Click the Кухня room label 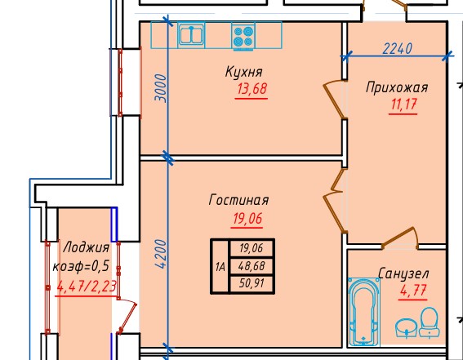pos(243,72)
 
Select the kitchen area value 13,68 pos(252,89)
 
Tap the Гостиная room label pos(238,200)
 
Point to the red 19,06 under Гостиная pos(247,219)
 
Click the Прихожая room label pos(397,87)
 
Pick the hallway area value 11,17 pos(403,104)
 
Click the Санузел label pos(403,273)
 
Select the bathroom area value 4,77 pos(413,291)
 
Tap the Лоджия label pos(87,247)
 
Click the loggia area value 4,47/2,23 pos(87,287)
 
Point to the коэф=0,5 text pos(81,266)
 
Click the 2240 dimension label pos(397,49)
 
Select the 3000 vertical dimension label pos(161,88)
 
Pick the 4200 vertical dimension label pos(161,254)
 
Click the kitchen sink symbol pos(191,35)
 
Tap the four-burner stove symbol pos(243,36)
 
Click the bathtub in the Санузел pos(363,312)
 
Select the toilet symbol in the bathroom pos(430,322)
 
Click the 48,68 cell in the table pos(252,266)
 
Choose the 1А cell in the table pos(220,267)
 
